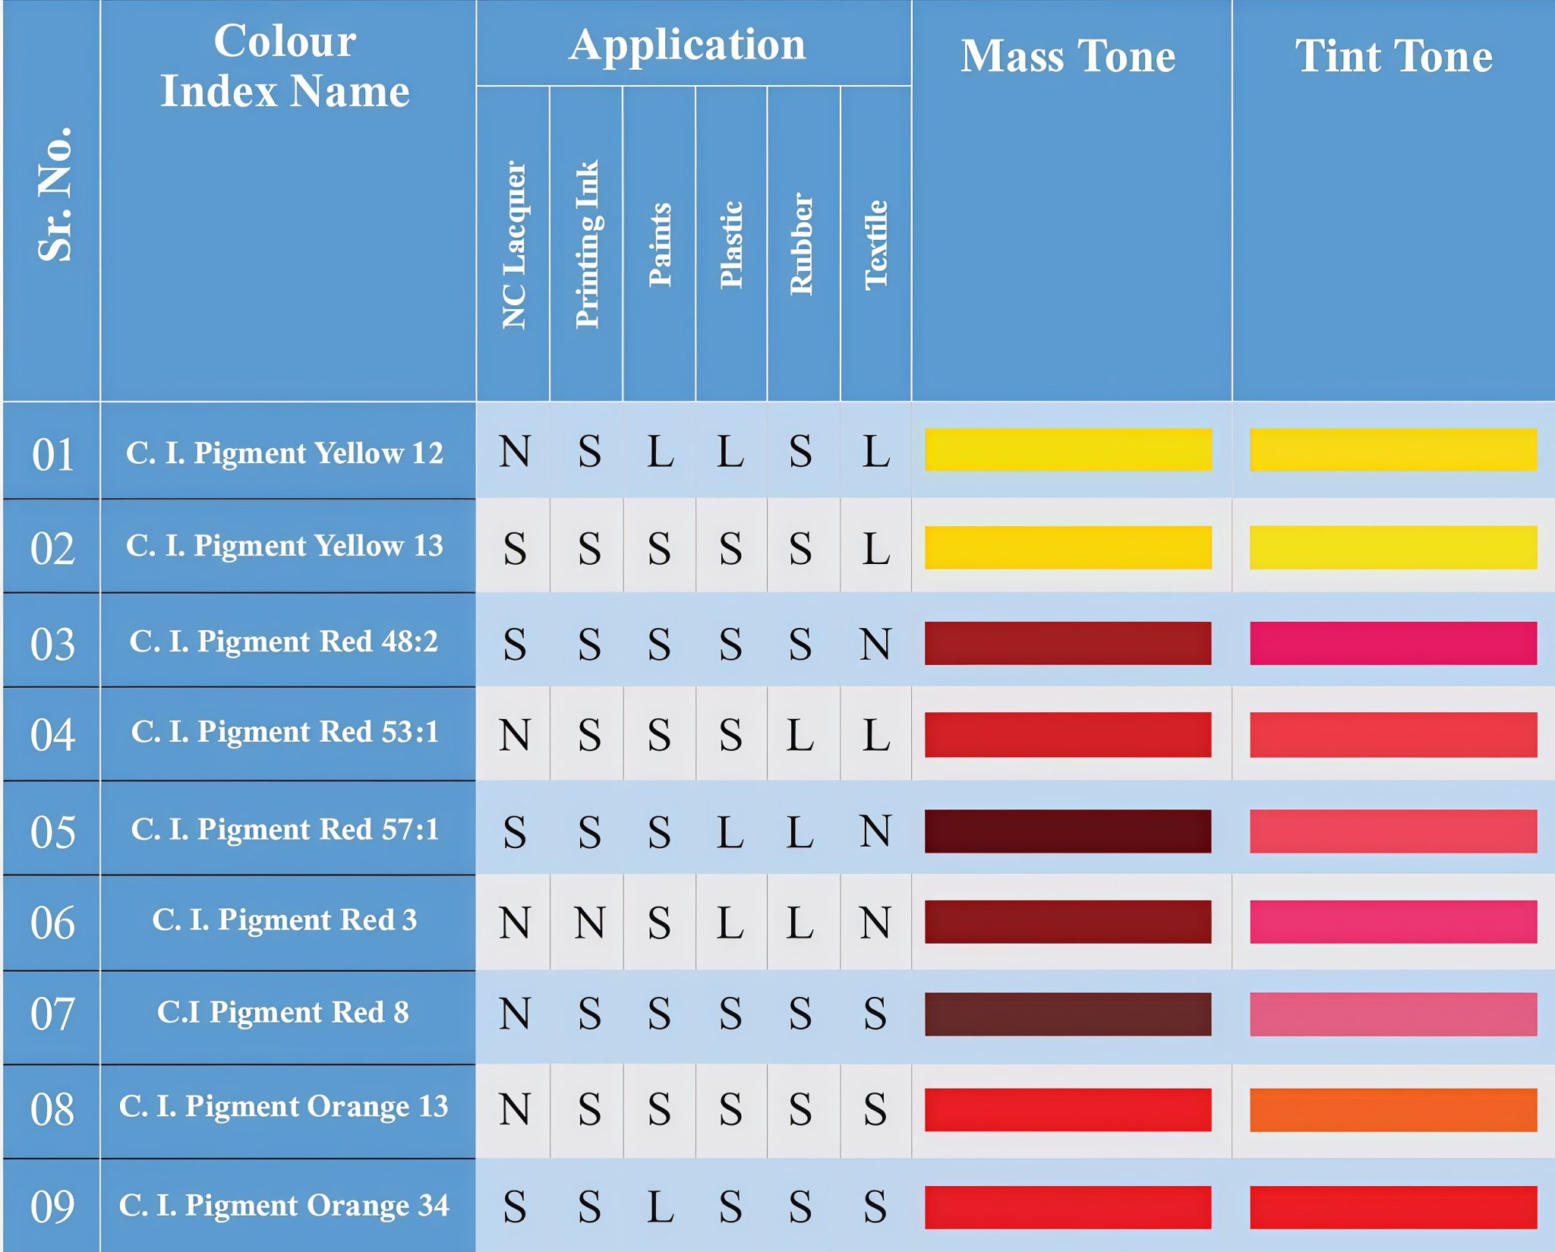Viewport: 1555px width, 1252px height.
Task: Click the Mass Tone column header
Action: (1068, 56)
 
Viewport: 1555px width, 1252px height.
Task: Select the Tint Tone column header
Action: (1393, 56)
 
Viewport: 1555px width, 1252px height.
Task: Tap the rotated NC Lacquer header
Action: (514, 244)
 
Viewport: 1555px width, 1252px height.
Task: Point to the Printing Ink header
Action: (587, 244)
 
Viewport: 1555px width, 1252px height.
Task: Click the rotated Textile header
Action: (875, 244)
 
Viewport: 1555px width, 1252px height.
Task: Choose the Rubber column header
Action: (802, 244)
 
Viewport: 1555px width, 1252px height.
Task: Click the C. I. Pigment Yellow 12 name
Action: (285, 453)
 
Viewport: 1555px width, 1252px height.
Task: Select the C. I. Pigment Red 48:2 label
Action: (284, 641)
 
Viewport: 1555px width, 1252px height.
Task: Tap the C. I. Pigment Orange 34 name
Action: (284, 1205)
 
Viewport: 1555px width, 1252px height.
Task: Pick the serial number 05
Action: (52, 831)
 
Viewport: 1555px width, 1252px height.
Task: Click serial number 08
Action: (52, 1109)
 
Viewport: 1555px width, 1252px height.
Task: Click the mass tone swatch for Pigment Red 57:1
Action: (1068, 831)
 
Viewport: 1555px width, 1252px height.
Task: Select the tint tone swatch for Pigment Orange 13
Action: (1393, 1110)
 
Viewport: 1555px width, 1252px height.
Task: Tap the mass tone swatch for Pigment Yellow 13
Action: (1068, 547)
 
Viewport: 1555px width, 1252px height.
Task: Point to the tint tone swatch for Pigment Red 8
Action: (1393, 1014)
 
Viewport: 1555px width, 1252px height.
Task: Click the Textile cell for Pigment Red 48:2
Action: (875, 644)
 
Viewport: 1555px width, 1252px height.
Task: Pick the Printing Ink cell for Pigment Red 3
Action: (589, 922)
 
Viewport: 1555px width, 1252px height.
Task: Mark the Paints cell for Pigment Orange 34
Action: (660, 1206)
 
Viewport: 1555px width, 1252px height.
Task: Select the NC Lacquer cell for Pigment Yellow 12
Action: (514, 452)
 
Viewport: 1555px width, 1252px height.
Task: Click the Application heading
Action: (688, 44)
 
